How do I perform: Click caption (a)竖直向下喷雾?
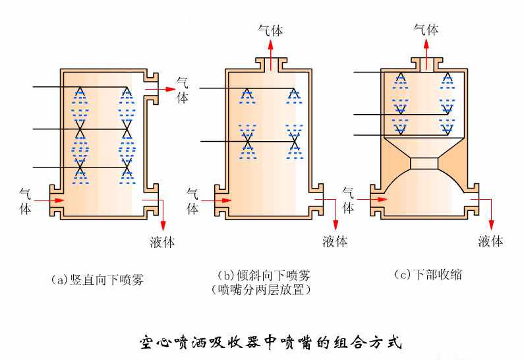[98, 280]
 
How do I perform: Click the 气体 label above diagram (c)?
[426, 29]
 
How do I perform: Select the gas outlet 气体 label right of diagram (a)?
[183, 90]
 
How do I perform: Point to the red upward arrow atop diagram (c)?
[426, 53]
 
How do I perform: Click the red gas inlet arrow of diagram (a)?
[49, 200]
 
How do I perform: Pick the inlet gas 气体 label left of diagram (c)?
[349, 200]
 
